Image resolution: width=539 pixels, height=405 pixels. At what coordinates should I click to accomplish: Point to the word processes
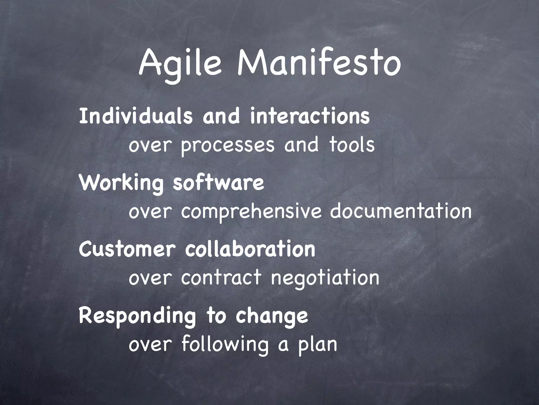point(228,146)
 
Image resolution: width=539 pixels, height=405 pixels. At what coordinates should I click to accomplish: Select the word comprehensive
point(251,212)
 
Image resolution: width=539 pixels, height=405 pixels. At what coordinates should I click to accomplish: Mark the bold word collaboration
point(250,249)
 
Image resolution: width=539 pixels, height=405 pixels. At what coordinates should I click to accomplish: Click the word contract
point(221,278)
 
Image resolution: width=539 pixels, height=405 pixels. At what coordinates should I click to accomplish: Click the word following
point(225,345)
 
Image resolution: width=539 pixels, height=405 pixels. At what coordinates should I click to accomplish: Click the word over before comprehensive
point(150,212)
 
